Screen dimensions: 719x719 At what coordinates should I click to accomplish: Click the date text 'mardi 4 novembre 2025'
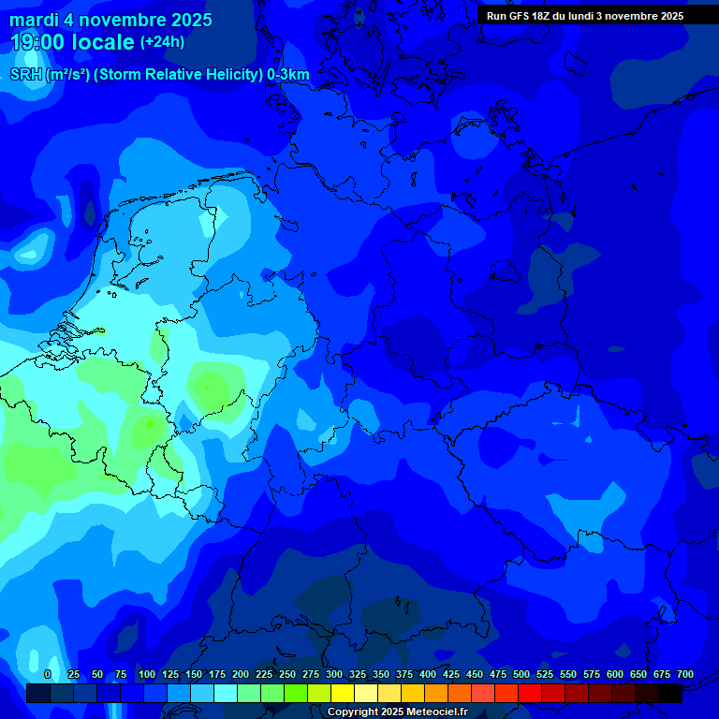(110, 20)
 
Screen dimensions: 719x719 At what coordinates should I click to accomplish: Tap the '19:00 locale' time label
(72, 42)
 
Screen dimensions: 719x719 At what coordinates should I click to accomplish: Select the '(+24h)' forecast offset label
(162, 42)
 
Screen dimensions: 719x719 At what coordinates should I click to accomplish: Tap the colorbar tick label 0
(47, 674)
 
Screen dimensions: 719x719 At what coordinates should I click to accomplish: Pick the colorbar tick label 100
(146, 674)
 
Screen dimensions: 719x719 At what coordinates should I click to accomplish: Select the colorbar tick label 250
(286, 674)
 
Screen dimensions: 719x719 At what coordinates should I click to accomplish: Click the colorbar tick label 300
(333, 674)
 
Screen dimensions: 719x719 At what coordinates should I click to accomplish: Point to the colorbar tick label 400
(427, 674)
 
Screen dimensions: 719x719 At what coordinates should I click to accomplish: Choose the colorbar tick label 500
(521, 674)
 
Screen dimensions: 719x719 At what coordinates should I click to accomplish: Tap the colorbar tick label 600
(614, 674)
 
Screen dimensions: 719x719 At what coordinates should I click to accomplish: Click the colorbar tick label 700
(684, 674)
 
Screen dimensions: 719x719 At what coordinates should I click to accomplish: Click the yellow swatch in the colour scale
(343, 694)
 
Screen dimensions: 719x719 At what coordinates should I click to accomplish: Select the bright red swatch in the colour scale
(530, 694)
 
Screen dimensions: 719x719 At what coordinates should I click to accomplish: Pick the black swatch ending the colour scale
(670, 694)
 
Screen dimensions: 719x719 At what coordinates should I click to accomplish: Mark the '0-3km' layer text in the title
(287, 75)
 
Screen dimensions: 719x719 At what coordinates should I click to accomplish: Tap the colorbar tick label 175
(216, 674)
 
